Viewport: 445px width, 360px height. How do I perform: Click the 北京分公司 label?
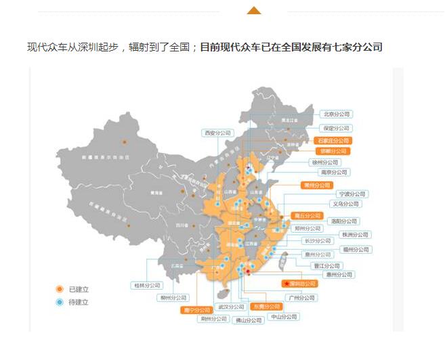tap(336, 114)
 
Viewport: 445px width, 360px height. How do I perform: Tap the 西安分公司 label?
tap(217, 133)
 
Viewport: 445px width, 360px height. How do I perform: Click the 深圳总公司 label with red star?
tap(299, 284)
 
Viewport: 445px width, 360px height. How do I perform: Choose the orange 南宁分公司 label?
tap(196, 310)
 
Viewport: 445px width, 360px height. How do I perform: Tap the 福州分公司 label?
tap(355, 249)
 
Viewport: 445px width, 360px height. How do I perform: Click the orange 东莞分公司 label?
tap(266, 307)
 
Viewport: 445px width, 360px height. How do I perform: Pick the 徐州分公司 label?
tap(325, 162)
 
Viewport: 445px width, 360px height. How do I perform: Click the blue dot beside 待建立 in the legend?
tap(60, 302)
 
